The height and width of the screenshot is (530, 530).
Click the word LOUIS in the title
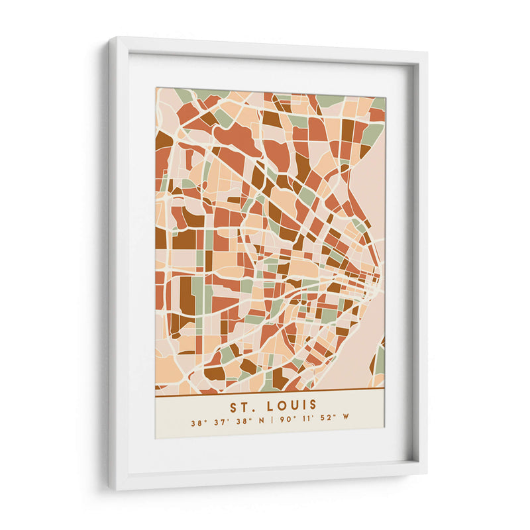(x=291, y=405)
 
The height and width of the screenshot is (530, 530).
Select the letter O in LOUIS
(x=280, y=405)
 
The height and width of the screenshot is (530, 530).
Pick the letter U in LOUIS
(x=291, y=405)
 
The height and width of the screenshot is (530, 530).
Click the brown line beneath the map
(x=270, y=390)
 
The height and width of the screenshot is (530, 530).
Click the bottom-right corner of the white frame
(x=426, y=472)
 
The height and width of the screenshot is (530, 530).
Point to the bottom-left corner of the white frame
(x=111, y=488)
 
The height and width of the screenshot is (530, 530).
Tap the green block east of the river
(x=380, y=358)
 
